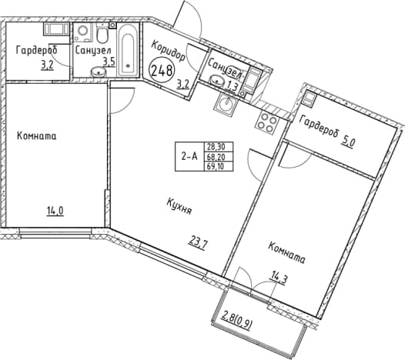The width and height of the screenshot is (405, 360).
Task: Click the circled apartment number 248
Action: [162, 70]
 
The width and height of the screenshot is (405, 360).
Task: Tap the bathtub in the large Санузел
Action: [129, 51]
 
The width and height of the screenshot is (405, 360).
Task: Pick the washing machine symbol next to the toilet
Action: [83, 32]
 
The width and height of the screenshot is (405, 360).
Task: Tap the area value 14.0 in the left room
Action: [55, 212]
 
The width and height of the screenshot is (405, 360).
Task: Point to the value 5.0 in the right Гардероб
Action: [348, 142]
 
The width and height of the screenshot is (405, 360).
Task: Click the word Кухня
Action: [179, 206]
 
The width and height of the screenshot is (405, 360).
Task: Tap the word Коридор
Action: [168, 51]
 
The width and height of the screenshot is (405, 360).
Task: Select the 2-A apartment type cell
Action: [189, 156]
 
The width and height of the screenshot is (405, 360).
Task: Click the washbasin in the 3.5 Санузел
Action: [99, 72]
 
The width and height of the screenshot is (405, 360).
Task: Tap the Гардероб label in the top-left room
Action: [37, 50]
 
